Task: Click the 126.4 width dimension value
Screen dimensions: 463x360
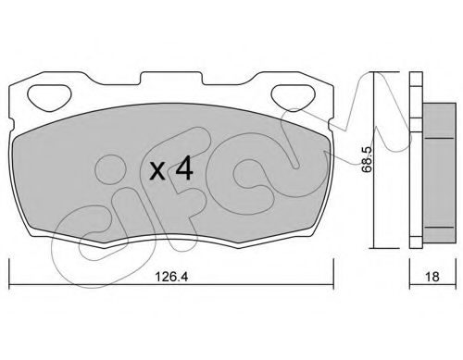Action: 171,277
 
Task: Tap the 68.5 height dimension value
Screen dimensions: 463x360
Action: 367,159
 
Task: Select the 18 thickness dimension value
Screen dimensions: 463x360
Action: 432,277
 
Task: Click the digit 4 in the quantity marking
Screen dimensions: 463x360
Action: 184,169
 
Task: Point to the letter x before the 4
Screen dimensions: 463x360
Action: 157,171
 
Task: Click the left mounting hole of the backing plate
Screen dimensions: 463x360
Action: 49,97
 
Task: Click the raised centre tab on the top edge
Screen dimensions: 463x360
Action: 171,78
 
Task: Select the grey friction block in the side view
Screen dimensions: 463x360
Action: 439,173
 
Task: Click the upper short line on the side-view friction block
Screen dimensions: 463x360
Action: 439,138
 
